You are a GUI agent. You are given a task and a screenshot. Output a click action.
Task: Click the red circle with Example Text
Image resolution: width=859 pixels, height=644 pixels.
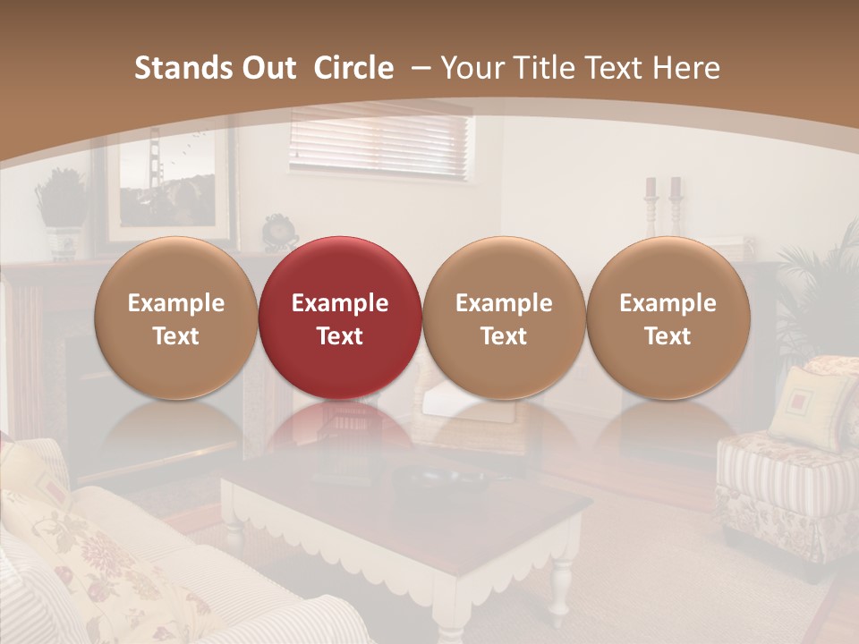tap(339, 318)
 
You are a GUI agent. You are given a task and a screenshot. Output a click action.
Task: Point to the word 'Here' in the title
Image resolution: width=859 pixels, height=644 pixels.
tap(687, 68)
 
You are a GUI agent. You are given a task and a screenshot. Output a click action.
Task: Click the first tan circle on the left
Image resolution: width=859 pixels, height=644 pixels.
tap(175, 318)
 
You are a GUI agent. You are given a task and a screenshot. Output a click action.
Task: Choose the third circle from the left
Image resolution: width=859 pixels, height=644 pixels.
tap(504, 318)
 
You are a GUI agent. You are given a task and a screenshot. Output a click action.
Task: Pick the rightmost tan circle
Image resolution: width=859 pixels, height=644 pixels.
tap(668, 318)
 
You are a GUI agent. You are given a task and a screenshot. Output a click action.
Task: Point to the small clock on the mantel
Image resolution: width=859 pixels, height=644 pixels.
tap(279, 230)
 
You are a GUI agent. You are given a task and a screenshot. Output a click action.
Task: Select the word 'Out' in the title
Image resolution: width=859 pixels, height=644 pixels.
tap(266, 68)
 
